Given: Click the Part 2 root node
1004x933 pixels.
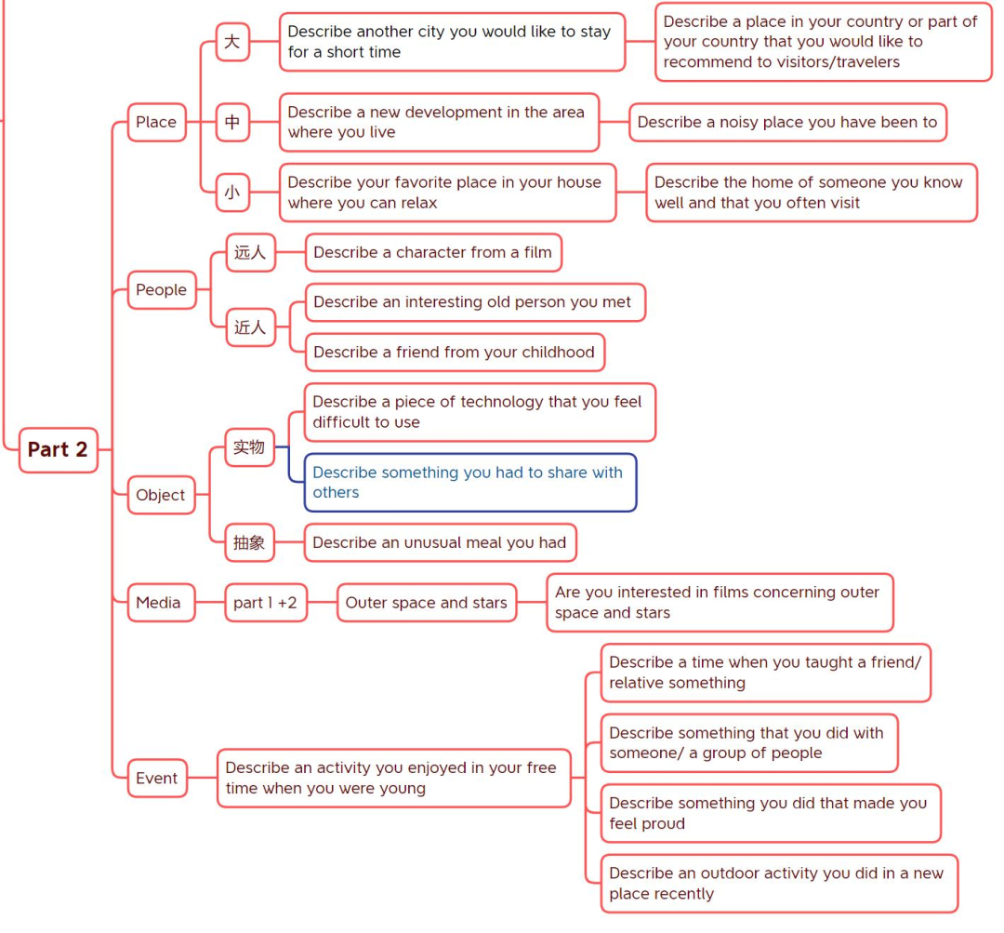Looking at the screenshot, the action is tap(59, 450).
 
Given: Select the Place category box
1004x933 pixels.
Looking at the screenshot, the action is tap(157, 122).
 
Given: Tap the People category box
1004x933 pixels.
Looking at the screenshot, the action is tap(162, 289).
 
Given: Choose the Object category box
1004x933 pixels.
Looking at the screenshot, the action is tap(161, 495).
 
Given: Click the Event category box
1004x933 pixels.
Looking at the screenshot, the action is tap(157, 778).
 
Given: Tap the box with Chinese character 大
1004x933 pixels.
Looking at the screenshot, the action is tap(232, 42).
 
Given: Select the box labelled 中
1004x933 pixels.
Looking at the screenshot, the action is tap(232, 122).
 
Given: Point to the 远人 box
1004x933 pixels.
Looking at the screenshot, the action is tap(250, 252).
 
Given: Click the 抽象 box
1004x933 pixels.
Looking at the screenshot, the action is tap(250, 542).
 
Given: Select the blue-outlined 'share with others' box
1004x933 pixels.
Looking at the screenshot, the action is tap(470, 483).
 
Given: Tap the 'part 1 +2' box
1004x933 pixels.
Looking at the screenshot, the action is tap(266, 603).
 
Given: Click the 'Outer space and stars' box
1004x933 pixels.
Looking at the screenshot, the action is tap(427, 603).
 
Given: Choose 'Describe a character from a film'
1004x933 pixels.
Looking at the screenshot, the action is tap(433, 252).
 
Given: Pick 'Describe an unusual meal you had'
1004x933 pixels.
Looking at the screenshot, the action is tap(440, 542).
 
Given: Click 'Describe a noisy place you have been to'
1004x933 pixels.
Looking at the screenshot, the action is tap(787, 122).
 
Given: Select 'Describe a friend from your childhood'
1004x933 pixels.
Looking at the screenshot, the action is tap(455, 352).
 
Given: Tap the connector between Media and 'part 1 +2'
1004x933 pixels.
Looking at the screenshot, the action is tap(210, 603).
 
